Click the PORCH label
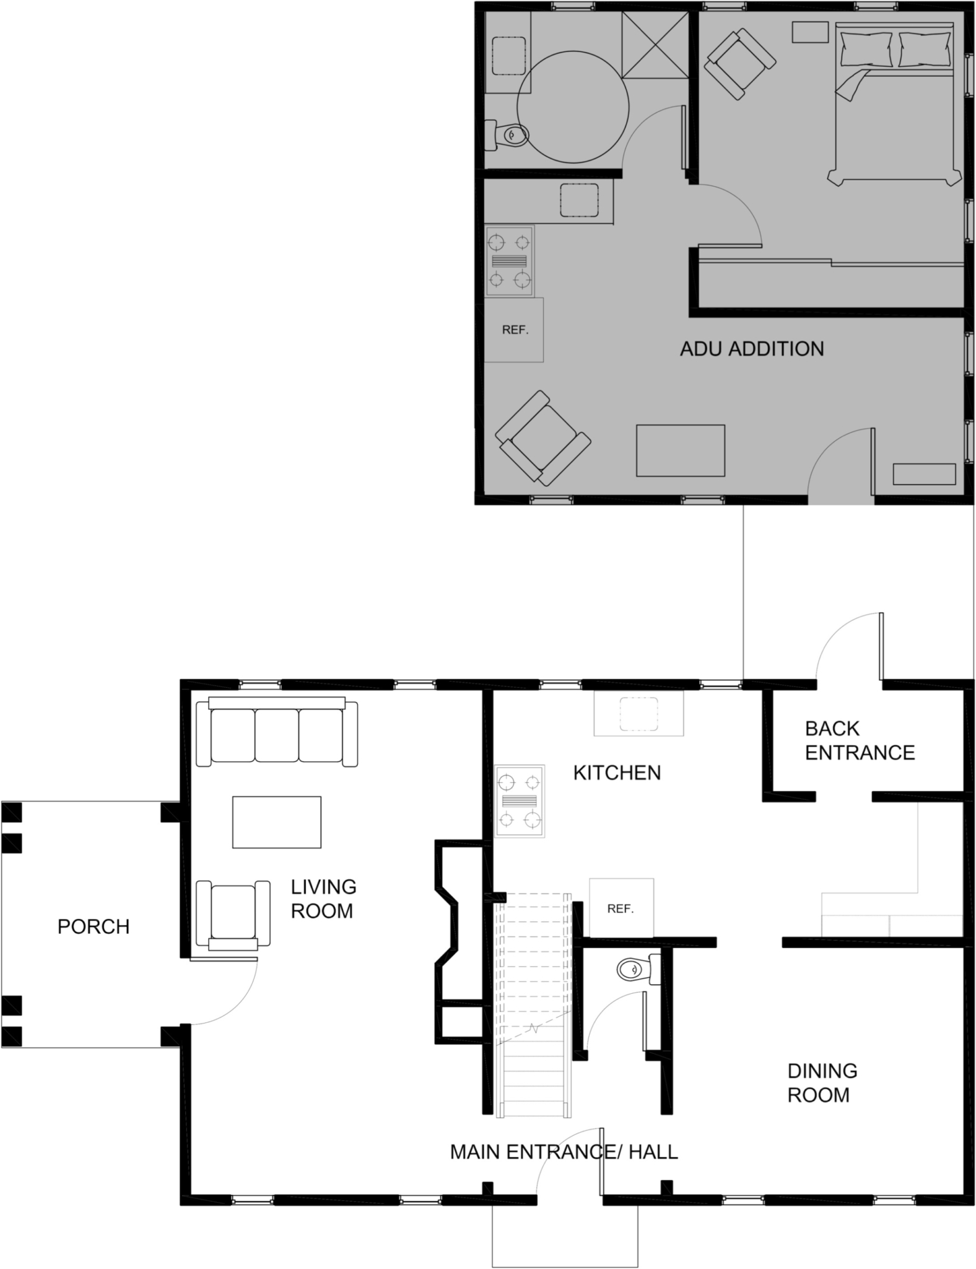pyautogui.click(x=94, y=926)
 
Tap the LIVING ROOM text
pyautogui.click(x=323, y=898)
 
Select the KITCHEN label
pyautogui.click(x=617, y=773)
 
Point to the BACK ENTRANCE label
pyautogui.click(x=860, y=740)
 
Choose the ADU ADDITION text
pyautogui.click(x=752, y=349)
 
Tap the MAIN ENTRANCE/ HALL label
pyautogui.click(x=564, y=1152)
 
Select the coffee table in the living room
pyautogui.click(x=277, y=822)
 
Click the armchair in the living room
pyautogui.click(x=233, y=914)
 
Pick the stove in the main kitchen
pyautogui.click(x=520, y=801)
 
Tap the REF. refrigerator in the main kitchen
pyautogui.click(x=621, y=908)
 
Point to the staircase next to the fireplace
pyautogui.click(x=533, y=1004)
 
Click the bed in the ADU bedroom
pyautogui.click(x=894, y=102)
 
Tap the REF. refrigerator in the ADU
pyautogui.click(x=514, y=330)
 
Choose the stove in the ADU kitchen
pyautogui.click(x=509, y=261)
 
